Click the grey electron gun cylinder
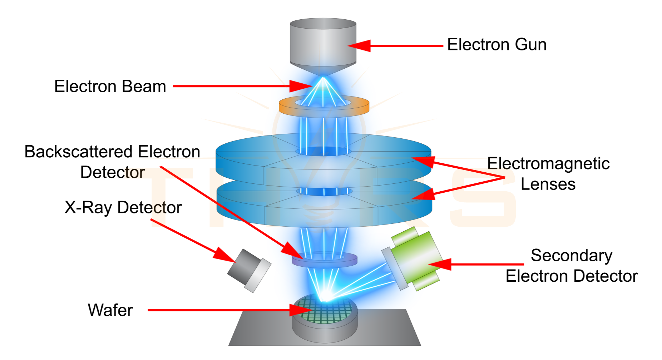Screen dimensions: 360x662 (x=322, y=43)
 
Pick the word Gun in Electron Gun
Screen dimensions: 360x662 (x=530, y=45)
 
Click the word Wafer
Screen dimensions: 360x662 (x=110, y=310)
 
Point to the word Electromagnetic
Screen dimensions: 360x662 (x=548, y=164)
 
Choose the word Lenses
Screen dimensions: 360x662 (x=548, y=184)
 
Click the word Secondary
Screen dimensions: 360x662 (x=571, y=256)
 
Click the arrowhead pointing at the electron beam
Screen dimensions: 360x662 (x=302, y=86)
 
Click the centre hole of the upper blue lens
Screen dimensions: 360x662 (x=323, y=152)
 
